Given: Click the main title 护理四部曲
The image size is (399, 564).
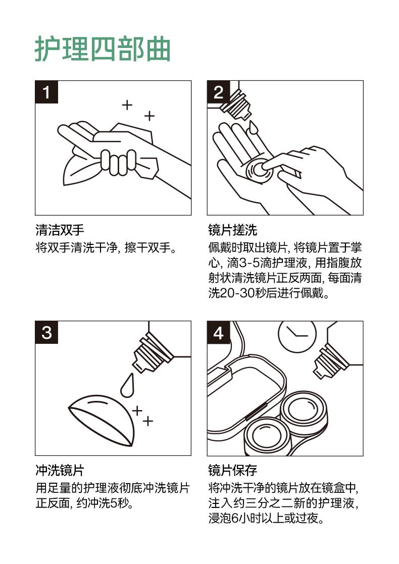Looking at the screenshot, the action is [x=103, y=49].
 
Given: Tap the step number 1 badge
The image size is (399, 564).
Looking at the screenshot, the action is [x=46, y=92].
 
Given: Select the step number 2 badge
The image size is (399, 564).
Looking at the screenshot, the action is [x=218, y=92].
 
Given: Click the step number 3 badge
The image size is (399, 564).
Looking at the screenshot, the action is [x=46, y=332].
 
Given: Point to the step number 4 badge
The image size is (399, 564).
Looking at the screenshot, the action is [x=218, y=332].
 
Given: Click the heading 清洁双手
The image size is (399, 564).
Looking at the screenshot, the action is [x=60, y=230].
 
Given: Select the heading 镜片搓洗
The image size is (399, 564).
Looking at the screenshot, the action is [x=232, y=230].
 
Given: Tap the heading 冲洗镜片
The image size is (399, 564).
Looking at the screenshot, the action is [x=60, y=470].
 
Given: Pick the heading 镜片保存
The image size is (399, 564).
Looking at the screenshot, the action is [x=232, y=470].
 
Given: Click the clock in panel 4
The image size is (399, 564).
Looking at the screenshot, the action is [x=297, y=335].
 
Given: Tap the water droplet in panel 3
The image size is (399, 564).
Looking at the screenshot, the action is [x=127, y=385].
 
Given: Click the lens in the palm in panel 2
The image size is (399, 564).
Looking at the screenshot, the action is [x=258, y=170].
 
